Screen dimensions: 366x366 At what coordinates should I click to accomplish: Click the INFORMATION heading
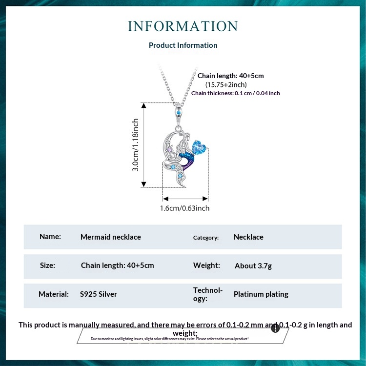coord(183,26)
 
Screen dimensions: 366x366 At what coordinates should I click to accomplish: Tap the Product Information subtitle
coord(183,45)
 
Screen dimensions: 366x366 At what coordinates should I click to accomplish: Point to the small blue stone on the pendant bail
coord(180,113)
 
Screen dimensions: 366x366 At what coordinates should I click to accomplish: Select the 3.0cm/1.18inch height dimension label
coord(136,144)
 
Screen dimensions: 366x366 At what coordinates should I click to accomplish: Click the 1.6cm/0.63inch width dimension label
coord(185,208)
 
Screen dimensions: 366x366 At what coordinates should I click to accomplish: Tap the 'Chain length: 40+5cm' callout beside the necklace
coord(230,76)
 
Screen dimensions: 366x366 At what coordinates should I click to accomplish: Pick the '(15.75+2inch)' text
coord(225,84)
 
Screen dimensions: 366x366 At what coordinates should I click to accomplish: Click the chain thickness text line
coord(235,93)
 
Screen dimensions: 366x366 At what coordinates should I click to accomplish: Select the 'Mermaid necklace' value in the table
coord(110,237)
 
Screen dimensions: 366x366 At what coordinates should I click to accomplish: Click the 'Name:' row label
coord(50,237)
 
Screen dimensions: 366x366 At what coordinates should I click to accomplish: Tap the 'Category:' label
coord(205,238)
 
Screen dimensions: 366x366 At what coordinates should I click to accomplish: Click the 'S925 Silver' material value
coord(98,294)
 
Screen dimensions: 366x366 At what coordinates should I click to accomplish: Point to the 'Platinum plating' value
coord(261,294)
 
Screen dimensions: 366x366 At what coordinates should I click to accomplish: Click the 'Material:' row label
coord(53,294)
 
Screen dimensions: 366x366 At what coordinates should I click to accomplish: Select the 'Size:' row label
coord(47,265)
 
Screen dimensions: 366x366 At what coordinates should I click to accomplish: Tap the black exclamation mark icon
coord(275,328)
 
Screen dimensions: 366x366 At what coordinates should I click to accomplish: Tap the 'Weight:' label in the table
coord(206,265)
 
